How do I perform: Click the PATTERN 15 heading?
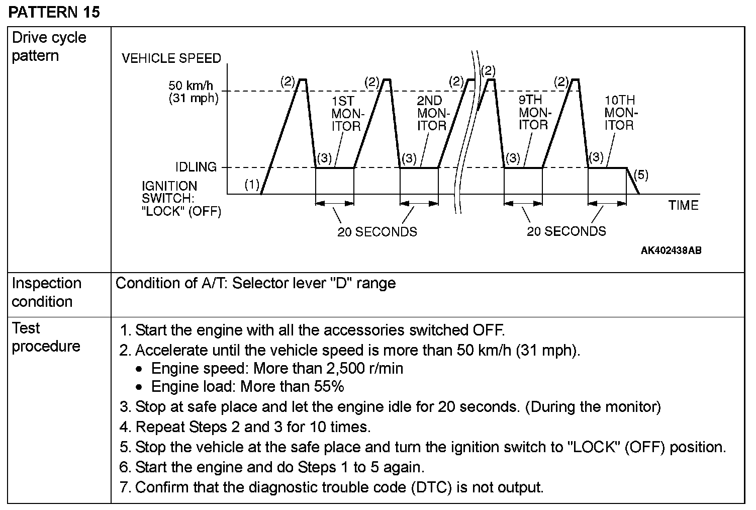(x=54, y=12)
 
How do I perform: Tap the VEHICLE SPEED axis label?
(x=171, y=58)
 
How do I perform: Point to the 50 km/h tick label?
(x=191, y=86)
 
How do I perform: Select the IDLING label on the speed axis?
(x=196, y=167)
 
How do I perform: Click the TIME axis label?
(x=683, y=205)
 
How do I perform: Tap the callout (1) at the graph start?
(x=252, y=185)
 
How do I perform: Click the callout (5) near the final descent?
(x=641, y=175)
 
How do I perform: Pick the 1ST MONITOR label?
(x=346, y=114)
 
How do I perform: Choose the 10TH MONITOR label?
(x=620, y=113)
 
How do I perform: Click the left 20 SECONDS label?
(x=377, y=232)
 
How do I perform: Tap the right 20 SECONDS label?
(x=566, y=231)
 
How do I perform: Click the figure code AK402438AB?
(x=671, y=250)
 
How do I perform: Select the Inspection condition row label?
(x=46, y=292)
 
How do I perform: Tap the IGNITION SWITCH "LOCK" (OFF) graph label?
(x=181, y=199)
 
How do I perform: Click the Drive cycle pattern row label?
(x=49, y=46)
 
